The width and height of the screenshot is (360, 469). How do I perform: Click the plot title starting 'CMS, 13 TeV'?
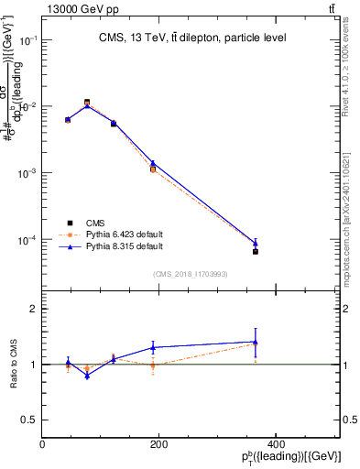point(193,38)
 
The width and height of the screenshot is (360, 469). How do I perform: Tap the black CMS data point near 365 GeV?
point(256,251)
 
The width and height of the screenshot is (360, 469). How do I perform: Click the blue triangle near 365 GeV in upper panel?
point(256,244)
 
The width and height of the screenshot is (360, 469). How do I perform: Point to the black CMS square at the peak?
point(87,103)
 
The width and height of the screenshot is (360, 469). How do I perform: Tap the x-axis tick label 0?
point(42,444)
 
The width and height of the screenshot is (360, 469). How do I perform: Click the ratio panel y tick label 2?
point(33,309)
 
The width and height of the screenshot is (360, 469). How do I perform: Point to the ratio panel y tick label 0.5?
point(29,420)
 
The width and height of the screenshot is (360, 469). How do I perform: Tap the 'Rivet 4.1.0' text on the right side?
point(353,69)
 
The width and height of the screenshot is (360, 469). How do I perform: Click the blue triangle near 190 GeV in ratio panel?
point(153,347)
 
